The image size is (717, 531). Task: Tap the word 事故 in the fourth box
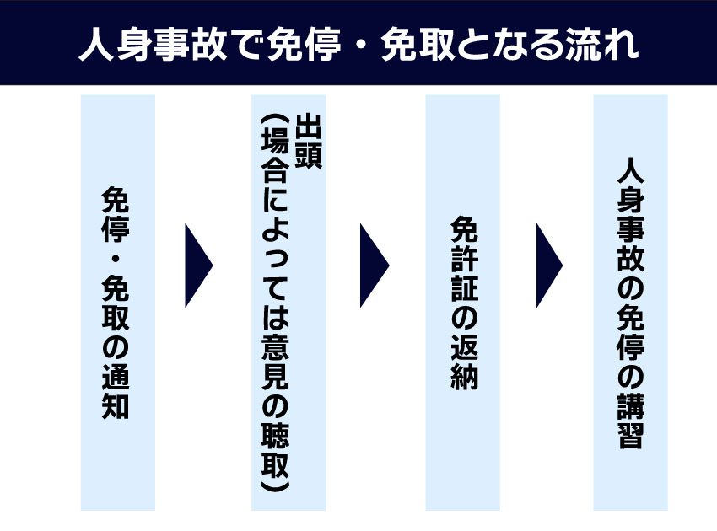630,245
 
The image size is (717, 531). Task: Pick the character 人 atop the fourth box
630,169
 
